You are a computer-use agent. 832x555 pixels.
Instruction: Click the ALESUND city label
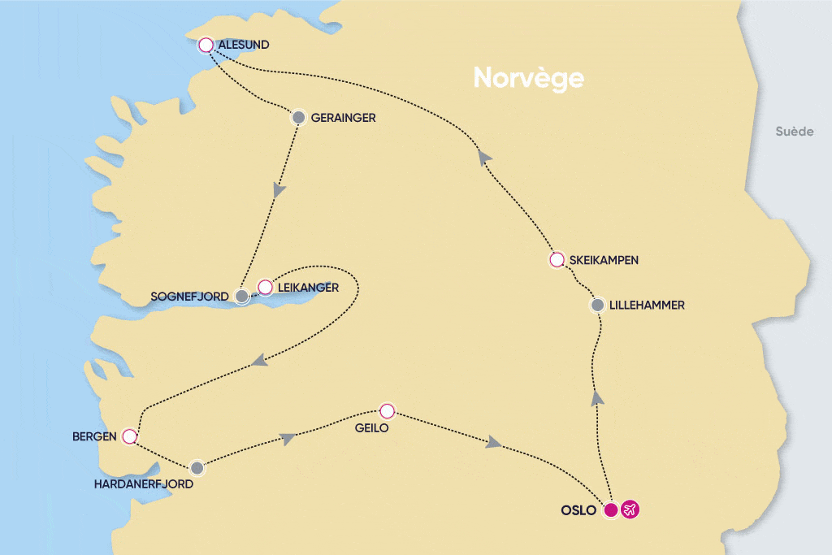pos(245,45)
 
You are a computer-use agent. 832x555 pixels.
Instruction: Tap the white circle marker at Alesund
pos(206,45)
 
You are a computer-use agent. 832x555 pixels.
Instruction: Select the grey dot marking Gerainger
pos(298,118)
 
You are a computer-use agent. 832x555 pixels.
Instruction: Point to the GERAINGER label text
pos(343,118)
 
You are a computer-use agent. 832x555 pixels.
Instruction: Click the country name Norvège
pos(529,78)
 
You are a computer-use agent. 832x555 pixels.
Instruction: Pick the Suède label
pos(794,132)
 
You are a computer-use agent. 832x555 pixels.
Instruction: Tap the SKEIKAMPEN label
pos(604,260)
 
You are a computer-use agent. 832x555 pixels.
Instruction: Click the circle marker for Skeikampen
pos(557,260)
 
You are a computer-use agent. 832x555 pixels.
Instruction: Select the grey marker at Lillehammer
pos(598,306)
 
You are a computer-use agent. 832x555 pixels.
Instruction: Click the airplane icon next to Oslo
pos(630,510)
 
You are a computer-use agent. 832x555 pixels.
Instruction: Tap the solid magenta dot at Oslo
pos(611,510)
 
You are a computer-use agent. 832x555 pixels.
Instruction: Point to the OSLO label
pos(578,510)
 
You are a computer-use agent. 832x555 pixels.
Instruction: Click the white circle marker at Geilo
pos(388,410)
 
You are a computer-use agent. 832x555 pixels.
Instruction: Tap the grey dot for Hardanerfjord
pos(197,468)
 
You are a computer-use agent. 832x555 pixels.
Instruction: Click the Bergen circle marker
pos(129,436)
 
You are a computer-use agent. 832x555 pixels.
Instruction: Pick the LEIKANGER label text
pos(309,287)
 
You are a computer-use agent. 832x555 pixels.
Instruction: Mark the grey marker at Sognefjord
pos(242,297)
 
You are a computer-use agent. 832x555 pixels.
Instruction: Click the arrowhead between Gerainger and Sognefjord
pos(279,190)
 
